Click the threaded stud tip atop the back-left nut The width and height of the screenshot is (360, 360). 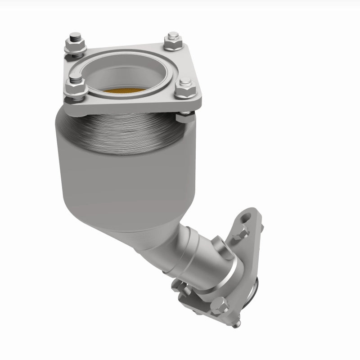click(x=74, y=36)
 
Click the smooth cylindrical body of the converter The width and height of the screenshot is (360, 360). click(x=112, y=180)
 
